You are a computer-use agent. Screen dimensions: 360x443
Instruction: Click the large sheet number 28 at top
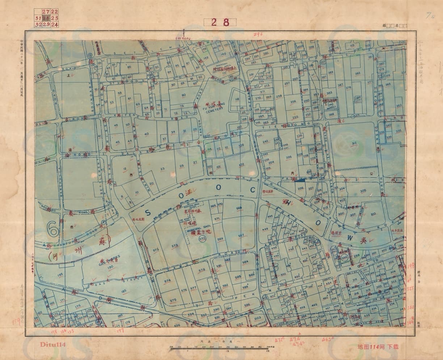point(220,22)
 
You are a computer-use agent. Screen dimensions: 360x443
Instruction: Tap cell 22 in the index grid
point(54,12)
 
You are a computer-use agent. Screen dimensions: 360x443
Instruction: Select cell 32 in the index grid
point(38,25)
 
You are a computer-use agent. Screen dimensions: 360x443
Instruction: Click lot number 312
point(354,143)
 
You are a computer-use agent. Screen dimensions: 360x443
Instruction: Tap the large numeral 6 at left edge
point(52,229)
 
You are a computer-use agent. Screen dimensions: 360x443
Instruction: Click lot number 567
point(241,236)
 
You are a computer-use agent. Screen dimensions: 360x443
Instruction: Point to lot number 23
point(163,168)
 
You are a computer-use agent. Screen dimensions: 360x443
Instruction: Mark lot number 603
point(257,318)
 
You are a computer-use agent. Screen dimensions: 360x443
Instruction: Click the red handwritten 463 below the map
point(327,339)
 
